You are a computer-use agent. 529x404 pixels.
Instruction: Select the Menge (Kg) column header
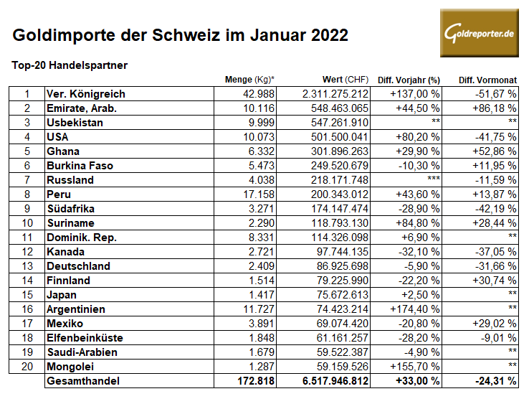coord(249,79)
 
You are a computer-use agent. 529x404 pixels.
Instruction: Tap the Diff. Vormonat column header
coord(487,79)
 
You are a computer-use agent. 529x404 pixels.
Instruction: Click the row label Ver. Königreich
coord(85,94)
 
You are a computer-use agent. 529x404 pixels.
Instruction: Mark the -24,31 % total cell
coord(492,381)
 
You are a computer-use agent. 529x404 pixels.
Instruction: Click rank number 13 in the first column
coord(27,266)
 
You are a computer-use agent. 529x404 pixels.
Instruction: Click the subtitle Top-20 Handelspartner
coord(70,65)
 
